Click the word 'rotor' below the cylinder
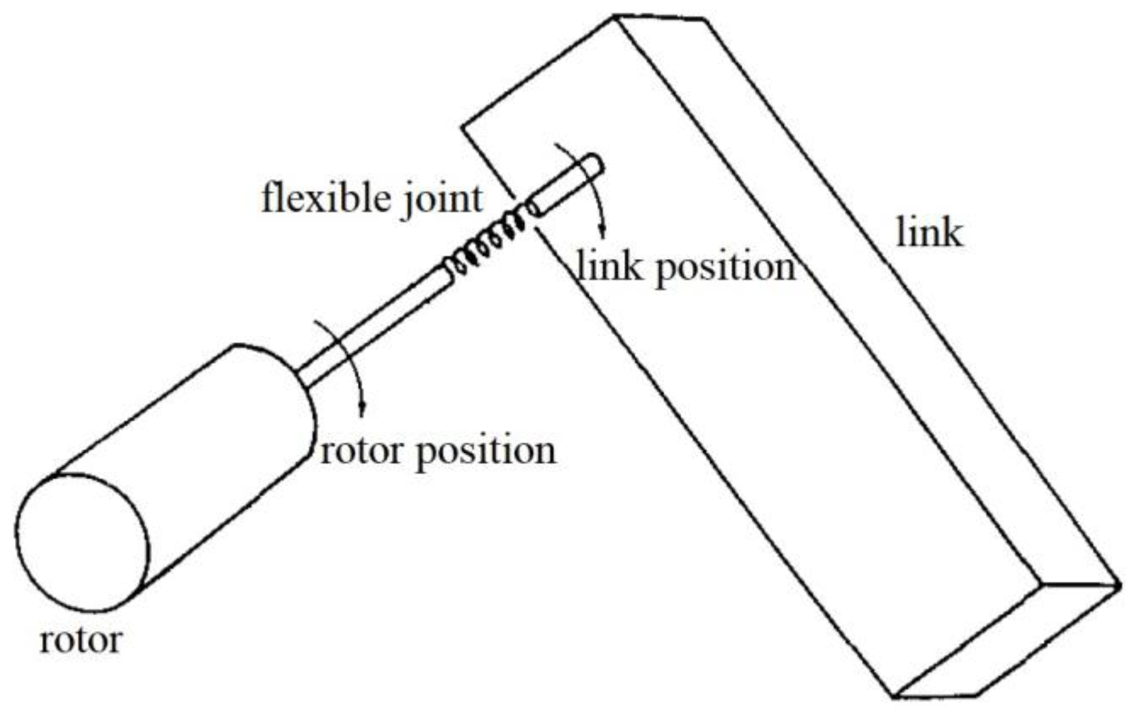81,640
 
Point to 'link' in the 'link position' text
608,265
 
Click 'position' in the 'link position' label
726,268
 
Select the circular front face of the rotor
83,542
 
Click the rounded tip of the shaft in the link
597,165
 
